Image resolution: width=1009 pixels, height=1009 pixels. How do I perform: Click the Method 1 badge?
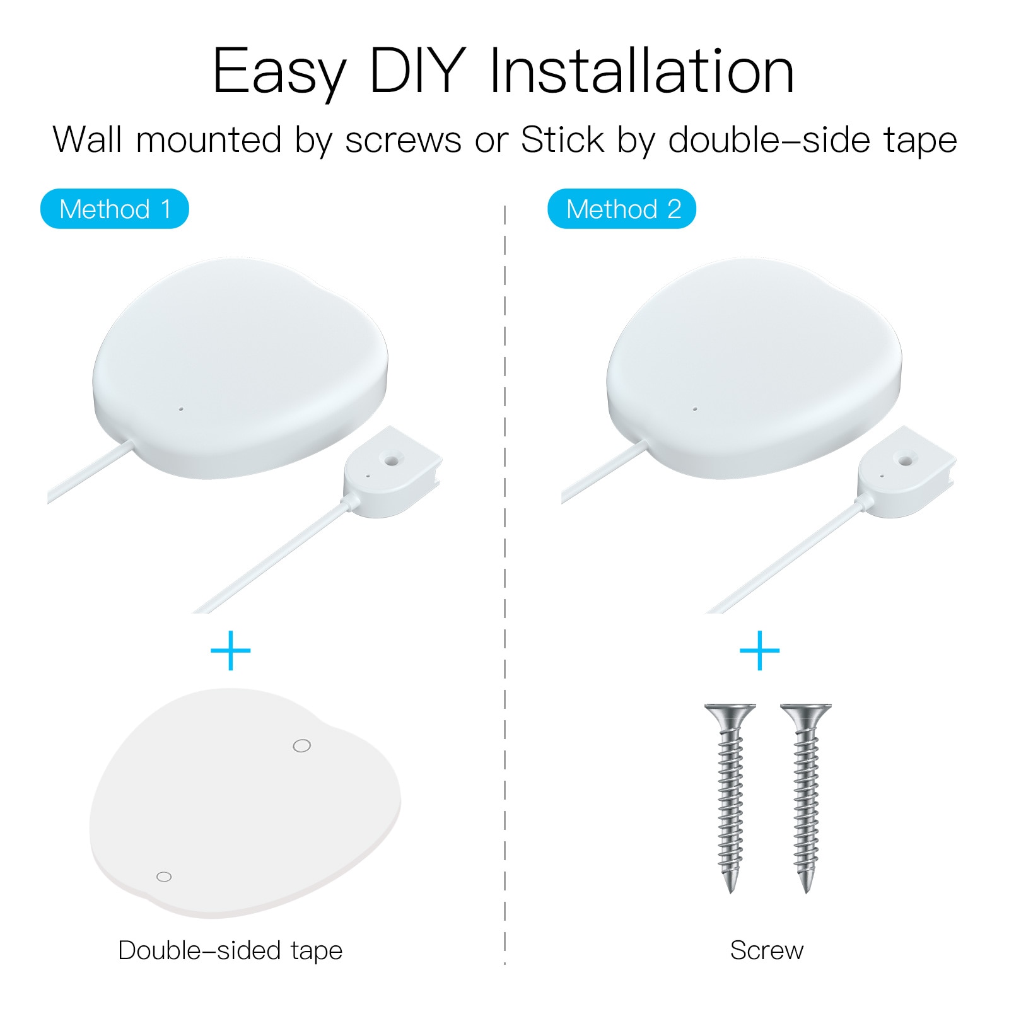coord(115,209)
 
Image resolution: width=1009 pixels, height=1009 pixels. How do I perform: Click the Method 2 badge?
coord(622,209)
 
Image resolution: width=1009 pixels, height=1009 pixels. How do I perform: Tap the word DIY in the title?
coord(417,71)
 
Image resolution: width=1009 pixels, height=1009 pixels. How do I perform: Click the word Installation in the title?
coord(642,71)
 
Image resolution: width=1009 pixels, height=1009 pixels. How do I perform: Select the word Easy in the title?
coord(279,74)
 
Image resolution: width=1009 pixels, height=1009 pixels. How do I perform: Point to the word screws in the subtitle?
coord(403,141)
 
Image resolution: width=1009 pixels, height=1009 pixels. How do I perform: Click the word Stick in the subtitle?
coord(563,139)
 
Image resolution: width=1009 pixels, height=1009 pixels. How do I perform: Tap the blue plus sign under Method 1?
coord(231,650)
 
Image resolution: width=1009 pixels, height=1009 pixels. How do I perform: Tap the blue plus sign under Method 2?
coord(759,650)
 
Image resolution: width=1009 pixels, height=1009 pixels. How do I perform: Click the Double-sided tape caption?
coord(230,951)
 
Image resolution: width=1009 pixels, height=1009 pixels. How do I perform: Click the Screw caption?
coord(767,950)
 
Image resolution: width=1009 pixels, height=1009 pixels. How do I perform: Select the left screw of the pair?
coord(730,797)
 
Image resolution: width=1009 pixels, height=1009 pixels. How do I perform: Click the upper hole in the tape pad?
coord(302,746)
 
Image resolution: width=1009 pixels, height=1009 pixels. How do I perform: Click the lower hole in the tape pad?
coord(164,877)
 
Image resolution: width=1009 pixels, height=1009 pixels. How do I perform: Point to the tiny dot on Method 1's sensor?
coord(181,409)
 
